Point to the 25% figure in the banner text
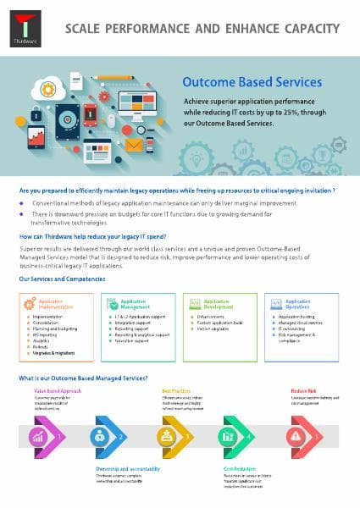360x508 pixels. click(x=309, y=112)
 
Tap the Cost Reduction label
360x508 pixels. click(x=240, y=468)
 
